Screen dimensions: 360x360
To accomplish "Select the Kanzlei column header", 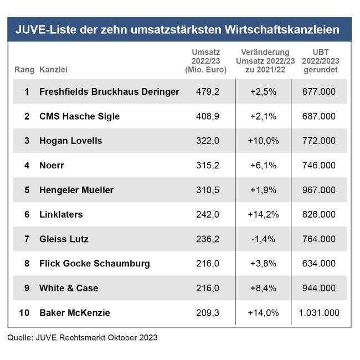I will point(53,70).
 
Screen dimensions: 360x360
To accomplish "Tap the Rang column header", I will point(24,70).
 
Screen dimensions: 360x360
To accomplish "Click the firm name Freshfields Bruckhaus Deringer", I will point(109,92).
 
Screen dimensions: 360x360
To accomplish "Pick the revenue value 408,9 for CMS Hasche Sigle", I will point(208,116).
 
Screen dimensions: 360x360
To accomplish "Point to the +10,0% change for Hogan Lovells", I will point(264,141).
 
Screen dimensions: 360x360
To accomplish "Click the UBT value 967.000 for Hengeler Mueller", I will point(319,190).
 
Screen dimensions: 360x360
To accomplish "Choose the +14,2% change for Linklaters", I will point(264,214).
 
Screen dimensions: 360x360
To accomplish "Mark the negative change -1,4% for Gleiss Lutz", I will point(264,239).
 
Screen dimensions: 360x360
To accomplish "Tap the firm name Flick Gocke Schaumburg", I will point(95,264).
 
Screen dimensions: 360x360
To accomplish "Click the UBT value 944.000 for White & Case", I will point(319,288).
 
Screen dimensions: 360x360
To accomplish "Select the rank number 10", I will point(24,313).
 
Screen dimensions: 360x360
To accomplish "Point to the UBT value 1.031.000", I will point(318,313).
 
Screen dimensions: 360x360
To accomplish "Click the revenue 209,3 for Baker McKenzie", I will point(208,313).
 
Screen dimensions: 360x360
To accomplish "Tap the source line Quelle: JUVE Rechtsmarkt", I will point(83,337).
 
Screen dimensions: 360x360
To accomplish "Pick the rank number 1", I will point(27,92).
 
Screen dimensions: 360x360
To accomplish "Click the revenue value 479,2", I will point(208,92).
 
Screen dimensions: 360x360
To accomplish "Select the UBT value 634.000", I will point(319,264).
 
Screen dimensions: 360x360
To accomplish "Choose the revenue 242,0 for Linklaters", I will point(208,214).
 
